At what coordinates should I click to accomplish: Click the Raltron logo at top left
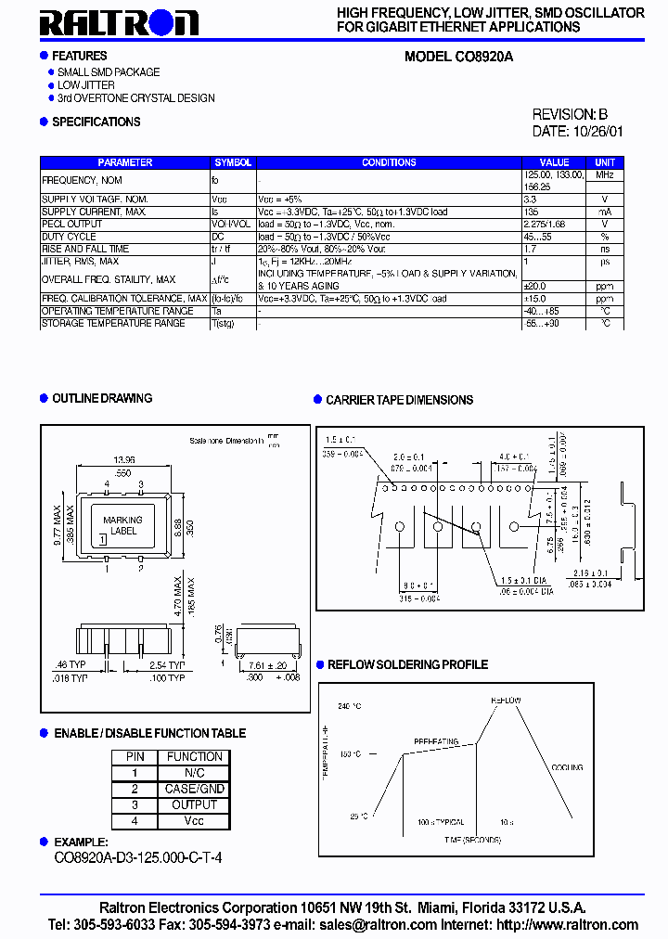pos(118,23)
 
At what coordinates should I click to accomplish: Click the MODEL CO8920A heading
pos(458,57)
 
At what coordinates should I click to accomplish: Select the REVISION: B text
pos(570,114)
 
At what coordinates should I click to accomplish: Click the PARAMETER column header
pos(125,162)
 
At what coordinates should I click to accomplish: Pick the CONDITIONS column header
pos(389,162)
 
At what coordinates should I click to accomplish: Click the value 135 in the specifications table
pos(531,212)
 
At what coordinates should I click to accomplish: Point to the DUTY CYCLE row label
pos(70,237)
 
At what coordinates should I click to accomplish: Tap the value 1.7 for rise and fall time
pos(530,249)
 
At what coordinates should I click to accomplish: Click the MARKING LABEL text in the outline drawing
pos(122,526)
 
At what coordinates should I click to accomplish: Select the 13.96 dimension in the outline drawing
pos(123,460)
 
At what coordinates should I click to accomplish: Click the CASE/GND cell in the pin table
pos(194,789)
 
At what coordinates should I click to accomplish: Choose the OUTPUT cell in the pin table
pos(194,804)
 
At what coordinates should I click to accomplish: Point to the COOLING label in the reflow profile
pos(566,767)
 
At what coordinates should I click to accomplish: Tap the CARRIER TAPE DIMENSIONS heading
pos(399,400)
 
